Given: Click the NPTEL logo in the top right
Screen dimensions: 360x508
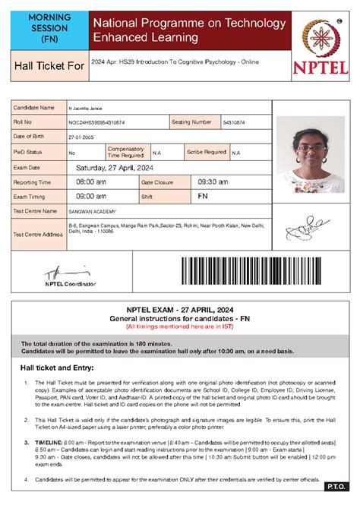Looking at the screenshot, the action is coord(320,45).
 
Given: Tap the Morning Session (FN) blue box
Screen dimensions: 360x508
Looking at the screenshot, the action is coord(49,27).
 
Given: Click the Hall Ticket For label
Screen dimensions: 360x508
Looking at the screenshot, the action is coord(48,67).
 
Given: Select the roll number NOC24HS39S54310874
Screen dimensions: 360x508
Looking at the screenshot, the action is coord(96,122).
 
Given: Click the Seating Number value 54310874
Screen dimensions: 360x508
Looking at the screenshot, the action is coord(233,122).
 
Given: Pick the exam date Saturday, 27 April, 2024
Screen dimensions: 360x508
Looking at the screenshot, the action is coord(114,168).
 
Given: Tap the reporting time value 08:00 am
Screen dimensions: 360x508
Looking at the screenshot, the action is coord(91,182).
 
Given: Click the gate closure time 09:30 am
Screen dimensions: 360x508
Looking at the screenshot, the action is coord(213,182).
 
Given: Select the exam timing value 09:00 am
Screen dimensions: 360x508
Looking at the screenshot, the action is coord(91,196).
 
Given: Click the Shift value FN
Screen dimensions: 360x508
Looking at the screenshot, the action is coord(203,196).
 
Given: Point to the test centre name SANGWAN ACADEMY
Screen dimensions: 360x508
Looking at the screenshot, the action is coord(93,210).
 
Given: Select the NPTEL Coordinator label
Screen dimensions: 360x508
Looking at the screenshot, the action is coord(71,283).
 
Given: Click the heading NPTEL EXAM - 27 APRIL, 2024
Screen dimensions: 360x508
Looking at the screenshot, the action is coord(179,311).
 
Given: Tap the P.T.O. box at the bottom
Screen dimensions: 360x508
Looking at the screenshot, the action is coord(334,486).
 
